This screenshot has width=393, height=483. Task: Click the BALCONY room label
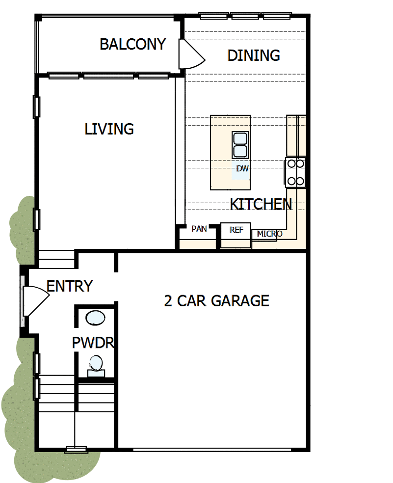pos(132,44)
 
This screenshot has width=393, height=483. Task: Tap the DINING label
pos(253,55)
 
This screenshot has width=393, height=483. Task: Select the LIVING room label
pos(109,129)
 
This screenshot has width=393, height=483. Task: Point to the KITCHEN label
pos(261,204)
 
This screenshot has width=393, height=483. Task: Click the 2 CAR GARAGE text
pos(216,300)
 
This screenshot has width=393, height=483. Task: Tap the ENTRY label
pos(69,286)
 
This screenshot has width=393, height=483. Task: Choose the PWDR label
pos(93,343)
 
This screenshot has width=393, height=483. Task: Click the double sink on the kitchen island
pos(240,145)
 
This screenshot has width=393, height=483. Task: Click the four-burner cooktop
pos(296,172)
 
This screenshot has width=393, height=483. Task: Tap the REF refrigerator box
pos(236,230)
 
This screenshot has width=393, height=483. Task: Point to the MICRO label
pos(269,234)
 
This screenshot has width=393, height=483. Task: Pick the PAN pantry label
pos(199,229)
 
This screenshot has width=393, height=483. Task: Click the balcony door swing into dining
pos(190,54)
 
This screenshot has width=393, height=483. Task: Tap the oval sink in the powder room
pos(95,318)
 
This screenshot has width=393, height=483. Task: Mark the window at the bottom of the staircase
pos(76,449)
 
